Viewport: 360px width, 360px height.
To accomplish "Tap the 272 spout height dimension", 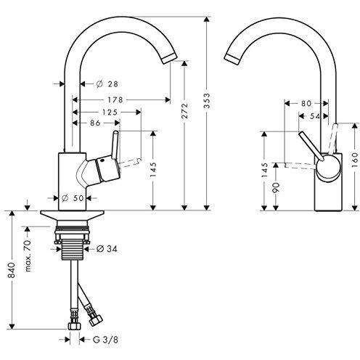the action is point(185,111).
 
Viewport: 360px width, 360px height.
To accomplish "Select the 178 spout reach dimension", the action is point(115,99).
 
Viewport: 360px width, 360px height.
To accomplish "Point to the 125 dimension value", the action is point(110,112).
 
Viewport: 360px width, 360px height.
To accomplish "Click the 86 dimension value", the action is point(95,123).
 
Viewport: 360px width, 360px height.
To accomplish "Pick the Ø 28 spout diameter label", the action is point(107,84).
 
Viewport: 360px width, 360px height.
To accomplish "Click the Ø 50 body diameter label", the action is point(73,198).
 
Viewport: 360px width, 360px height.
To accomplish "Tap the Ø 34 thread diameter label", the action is point(107,249).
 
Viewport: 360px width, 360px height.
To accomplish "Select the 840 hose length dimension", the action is point(12,270).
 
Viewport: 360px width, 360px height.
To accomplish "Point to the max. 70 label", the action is point(28,255).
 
